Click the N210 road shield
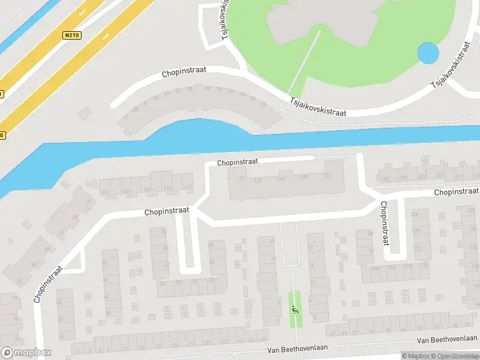point(71,35)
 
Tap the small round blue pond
point(428,53)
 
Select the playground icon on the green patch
point(295,310)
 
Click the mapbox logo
point(26,353)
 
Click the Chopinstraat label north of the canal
point(184,72)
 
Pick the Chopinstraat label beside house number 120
point(384,223)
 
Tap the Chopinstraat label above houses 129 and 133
point(237,162)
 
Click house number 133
point(327,176)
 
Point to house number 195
point(385,179)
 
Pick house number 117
point(188,187)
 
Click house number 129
point(303,176)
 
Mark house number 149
point(280,178)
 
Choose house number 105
point(126,191)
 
